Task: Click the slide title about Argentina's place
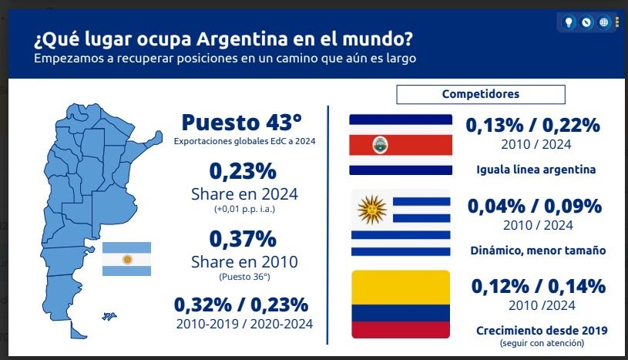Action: click(x=222, y=38)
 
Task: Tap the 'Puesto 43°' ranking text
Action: click(x=241, y=123)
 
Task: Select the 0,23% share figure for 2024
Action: click(x=243, y=170)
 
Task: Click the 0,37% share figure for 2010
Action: click(x=243, y=238)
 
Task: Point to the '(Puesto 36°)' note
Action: click(x=244, y=276)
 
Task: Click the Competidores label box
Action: click(x=480, y=94)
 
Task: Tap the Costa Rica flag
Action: click(x=401, y=144)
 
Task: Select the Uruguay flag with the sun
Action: click(x=401, y=223)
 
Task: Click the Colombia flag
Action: click(x=401, y=304)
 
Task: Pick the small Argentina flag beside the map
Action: click(x=127, y=259)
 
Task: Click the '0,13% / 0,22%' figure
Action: click(x=533, y=126)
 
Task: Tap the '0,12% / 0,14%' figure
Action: click(x=538, y=286)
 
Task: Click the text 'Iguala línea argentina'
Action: click(x=536, y=170)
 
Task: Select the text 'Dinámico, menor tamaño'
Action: click(x=538, y=251)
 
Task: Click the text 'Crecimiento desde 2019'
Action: click(x=542, y=330)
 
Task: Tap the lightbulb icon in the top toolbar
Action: click(x=569, y=22)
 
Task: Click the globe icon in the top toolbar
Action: click(x=603, y=22)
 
